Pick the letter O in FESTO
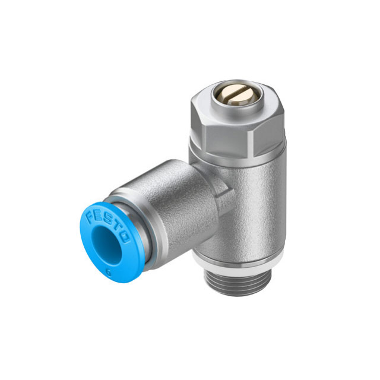(125, 237)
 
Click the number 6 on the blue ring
(109, 273)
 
